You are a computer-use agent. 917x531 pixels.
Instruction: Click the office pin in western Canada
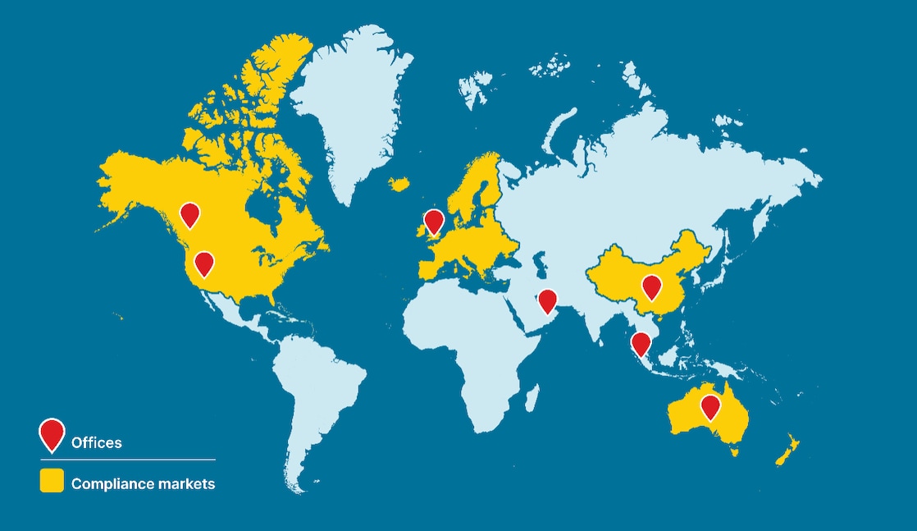pos(189,214)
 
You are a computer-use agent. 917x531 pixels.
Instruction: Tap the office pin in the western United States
pos(203,263)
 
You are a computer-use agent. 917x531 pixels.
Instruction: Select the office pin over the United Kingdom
pos(434,221)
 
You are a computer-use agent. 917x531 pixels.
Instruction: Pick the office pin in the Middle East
pos(547,300)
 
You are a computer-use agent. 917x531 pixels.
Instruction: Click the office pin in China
pos(651,287)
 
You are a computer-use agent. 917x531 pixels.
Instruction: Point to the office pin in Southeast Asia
pos(641,343)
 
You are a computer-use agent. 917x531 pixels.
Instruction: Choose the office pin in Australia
pos(710,407)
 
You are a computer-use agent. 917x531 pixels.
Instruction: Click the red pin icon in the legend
pos(52,433)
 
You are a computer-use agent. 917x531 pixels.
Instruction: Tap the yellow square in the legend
pos(52,482)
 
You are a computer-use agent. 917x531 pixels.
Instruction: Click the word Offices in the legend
pos(97,442)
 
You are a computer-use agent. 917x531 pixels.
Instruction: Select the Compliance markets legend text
pos(143,483)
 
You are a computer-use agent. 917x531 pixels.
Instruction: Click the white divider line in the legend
pos(127,460)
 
